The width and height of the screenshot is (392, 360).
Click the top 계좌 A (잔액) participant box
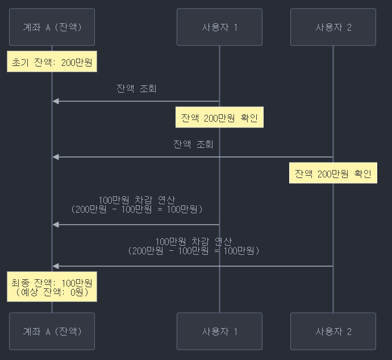point(52,27)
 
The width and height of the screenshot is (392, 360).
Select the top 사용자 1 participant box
point(219,27)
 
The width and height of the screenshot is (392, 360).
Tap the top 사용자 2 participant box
point(333,27)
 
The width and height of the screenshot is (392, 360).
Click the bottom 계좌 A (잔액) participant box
point(52,331)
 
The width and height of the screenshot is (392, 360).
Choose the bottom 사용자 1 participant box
point(219,331)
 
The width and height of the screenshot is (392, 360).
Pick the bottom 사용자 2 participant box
point(333,331)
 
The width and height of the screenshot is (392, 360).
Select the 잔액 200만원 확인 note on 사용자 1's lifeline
point(219,118)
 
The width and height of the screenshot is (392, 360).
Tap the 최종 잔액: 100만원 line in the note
point(52,283)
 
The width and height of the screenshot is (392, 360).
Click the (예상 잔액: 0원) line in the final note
point(52,293)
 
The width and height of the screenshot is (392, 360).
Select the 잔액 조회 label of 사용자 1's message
point(136,89)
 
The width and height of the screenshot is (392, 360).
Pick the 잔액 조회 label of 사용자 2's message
point(193,144)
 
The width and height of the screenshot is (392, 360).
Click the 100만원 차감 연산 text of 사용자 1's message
point(136,200)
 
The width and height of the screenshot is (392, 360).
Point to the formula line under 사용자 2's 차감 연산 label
point(193,250)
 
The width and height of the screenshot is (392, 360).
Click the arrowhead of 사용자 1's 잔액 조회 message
point(55,101)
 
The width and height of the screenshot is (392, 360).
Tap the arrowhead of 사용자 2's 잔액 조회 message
point(55,157)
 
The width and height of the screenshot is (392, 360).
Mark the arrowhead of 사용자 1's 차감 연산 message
point(55,225)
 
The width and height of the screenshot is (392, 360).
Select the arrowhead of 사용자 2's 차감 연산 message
point(55,266)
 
